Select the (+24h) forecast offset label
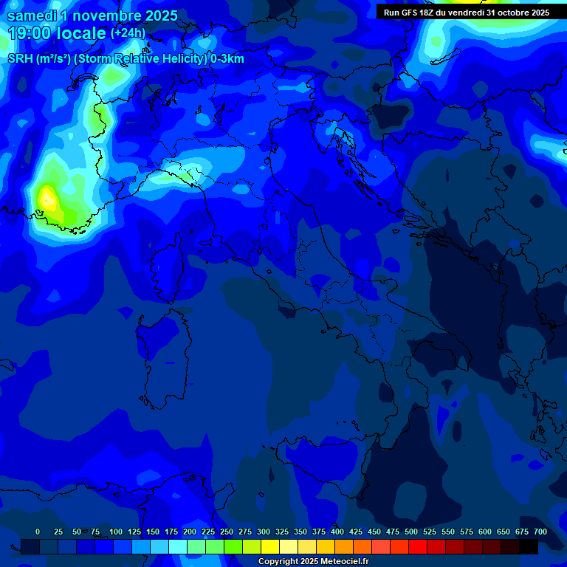coord(128,33)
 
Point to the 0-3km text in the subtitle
coord(227,58)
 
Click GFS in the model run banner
coord(407,13)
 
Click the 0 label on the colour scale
coord(38,532)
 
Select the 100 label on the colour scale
coord(116,532)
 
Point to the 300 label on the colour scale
coord(264,532)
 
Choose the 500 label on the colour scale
coord(411,532)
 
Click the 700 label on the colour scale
coord(540,532)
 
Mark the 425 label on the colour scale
coord(356,532)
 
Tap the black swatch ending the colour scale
coord(529,546)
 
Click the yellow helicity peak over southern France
coord(47,197)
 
